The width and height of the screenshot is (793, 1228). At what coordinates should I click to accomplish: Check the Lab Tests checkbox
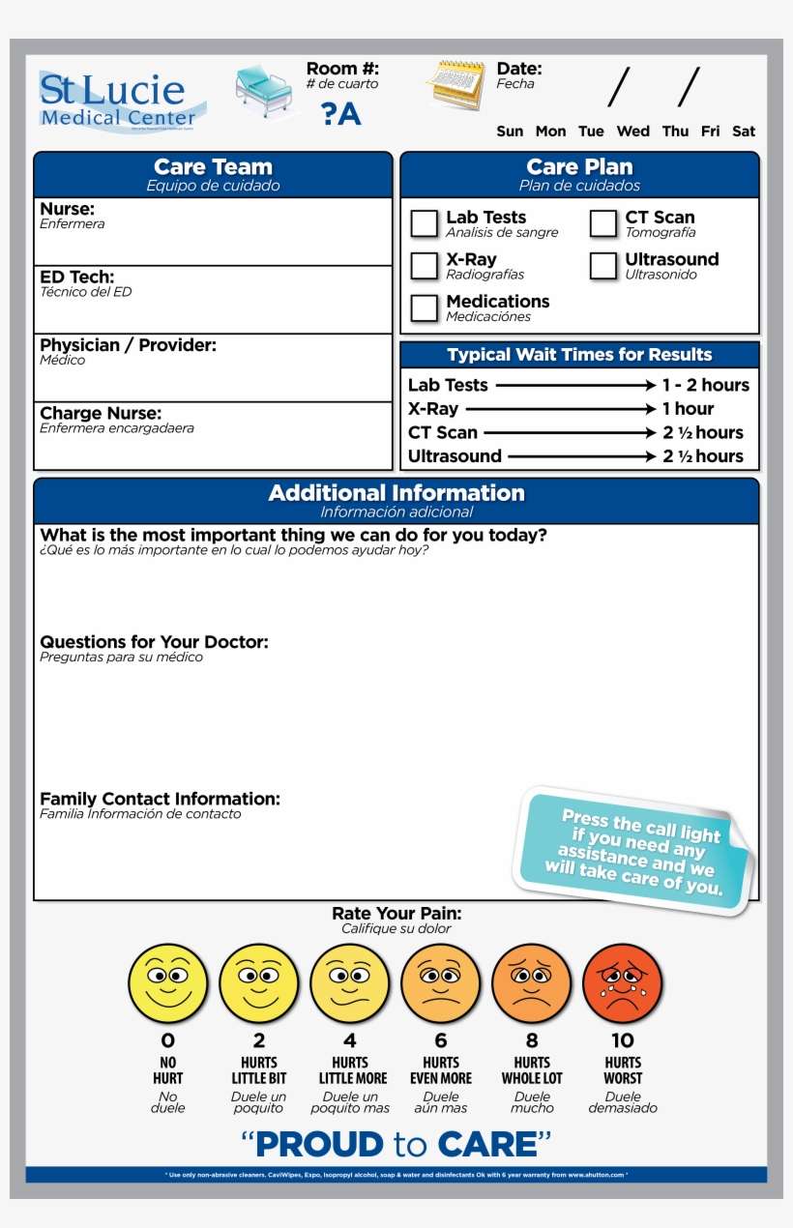point(424,223)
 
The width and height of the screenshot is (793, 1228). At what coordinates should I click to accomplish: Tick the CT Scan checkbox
point(602,223)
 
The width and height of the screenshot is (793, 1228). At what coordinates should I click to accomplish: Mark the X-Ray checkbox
point(424,265)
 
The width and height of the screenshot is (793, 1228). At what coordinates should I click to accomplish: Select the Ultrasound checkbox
point(602,265)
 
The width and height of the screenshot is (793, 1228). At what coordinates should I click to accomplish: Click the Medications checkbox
point(424,307)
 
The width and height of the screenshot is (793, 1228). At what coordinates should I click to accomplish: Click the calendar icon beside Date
point(455,85)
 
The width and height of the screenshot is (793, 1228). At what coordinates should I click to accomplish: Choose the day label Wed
point(632,132)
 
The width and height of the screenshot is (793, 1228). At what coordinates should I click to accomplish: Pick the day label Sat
point(743,132)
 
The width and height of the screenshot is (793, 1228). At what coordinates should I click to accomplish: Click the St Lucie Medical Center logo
point(120,100)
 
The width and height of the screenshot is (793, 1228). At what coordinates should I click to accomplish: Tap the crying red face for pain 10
point(623,983)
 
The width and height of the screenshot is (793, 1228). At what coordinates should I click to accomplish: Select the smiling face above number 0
point(168,983)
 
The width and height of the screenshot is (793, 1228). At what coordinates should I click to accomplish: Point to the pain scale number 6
point(441,1040)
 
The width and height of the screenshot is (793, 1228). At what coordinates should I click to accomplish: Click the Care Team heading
point(213,167)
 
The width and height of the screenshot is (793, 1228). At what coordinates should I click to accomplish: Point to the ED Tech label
point(76,278)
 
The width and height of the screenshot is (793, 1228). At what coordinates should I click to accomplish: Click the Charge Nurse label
point(101,414)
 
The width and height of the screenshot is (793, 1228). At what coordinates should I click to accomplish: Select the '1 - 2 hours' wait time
point(705,385)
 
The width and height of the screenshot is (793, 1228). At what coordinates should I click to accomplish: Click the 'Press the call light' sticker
point(635,851)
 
